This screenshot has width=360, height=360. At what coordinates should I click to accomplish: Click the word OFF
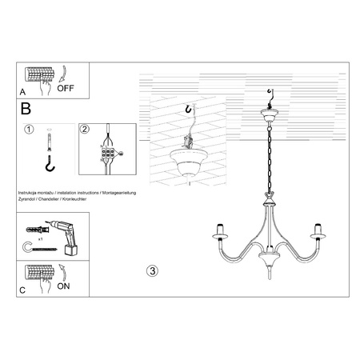(x=66, y=89)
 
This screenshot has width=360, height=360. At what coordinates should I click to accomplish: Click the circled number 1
(x=28, y=129)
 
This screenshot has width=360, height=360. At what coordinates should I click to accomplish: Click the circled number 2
(x=85, y=129)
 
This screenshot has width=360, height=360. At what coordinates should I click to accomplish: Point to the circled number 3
(x=153, y=269)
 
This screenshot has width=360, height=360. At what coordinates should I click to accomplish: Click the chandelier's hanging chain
(x=270, y=160)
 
